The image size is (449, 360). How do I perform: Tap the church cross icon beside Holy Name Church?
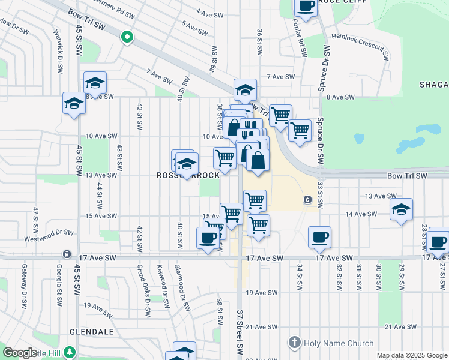click(294, 343)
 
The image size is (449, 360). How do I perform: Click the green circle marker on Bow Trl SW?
click(127, 38)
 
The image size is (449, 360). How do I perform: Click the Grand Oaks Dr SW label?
click(143, 290)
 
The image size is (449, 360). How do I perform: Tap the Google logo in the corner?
click(20, 353)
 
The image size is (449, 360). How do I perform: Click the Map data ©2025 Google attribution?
click(412, 355)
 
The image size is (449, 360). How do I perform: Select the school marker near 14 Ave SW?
click(401, 209)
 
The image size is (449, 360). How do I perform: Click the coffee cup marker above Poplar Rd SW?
click(306, 6)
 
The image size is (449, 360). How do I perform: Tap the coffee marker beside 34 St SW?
click(320, 236)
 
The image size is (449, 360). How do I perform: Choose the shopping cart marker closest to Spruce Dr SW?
click(300, 129)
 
